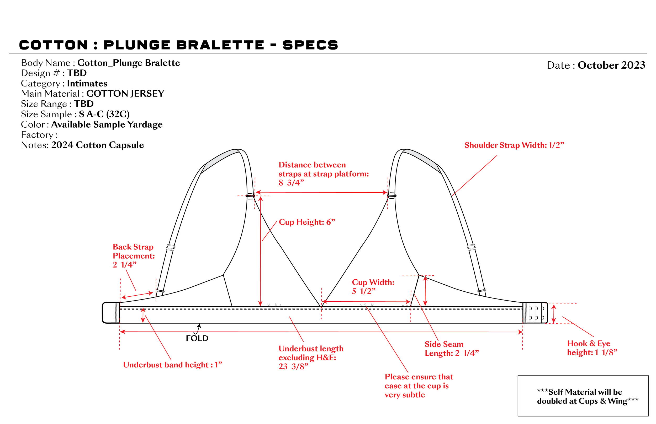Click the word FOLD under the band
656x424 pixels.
pos(197,338)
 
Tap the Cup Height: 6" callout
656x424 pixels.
pos(307,222)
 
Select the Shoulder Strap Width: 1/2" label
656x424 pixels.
pos(514,145)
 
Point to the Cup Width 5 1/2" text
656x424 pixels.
pos(373,287)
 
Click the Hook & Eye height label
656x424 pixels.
pos(592,348)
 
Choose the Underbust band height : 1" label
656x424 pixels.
pos(173,365)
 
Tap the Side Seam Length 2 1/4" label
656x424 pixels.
pos(452,349)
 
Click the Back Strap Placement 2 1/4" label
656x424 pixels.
pos(134,256)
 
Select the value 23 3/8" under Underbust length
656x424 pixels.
pos(293,366)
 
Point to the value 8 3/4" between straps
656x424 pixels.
pos(291,183)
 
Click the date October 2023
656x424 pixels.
pos(611,65)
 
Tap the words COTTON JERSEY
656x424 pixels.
pos(125,94)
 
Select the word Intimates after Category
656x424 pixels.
pos(87,83)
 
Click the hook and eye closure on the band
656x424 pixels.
pos(535,313)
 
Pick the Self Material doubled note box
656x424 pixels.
pos(583,396)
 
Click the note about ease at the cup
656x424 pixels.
pos(419,386)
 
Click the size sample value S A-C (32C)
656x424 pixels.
pos(104,114)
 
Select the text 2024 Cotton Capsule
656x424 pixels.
pos(98,145)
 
